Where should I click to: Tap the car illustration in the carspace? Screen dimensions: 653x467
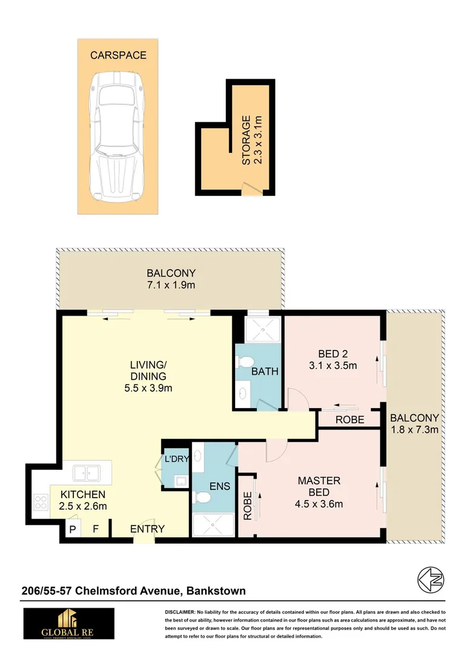[x=116, y=138]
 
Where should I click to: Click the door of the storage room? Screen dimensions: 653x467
[x=250, y=189]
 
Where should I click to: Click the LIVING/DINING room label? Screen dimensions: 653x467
[x=148, y=376]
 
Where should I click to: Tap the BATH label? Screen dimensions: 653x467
[x=266, y=371]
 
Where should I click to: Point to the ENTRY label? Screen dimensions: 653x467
[x=147, y=528]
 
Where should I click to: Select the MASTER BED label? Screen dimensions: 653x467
[x=319, y=486]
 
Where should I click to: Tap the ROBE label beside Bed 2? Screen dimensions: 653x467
[x=349, y=420]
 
